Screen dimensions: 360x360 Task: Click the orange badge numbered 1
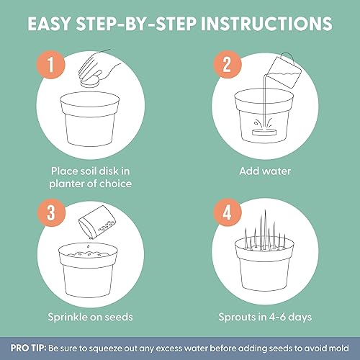(x=50, y=64)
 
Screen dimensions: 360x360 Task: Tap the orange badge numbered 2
(x=227, y=64)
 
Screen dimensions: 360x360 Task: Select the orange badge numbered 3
(x=51, y=212)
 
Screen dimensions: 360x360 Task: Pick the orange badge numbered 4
(x=228, y=212)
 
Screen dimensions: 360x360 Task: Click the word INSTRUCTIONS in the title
(x=266, y=24)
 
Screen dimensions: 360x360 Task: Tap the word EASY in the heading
(x=49, y=24)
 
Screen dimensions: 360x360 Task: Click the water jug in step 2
(x=284, y=71)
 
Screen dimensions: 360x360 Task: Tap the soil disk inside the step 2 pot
(x=264, y=132)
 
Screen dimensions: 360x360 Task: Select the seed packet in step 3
(x=97, y=222)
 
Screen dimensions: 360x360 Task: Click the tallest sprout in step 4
(x=265, y=230)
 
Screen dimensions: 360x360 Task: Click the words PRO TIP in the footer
(x=28, y=348)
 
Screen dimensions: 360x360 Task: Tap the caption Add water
(x=265, y=171)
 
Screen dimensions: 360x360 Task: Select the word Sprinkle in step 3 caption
(x=68, y=318)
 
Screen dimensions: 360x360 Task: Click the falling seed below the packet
(x=89, y=246)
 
